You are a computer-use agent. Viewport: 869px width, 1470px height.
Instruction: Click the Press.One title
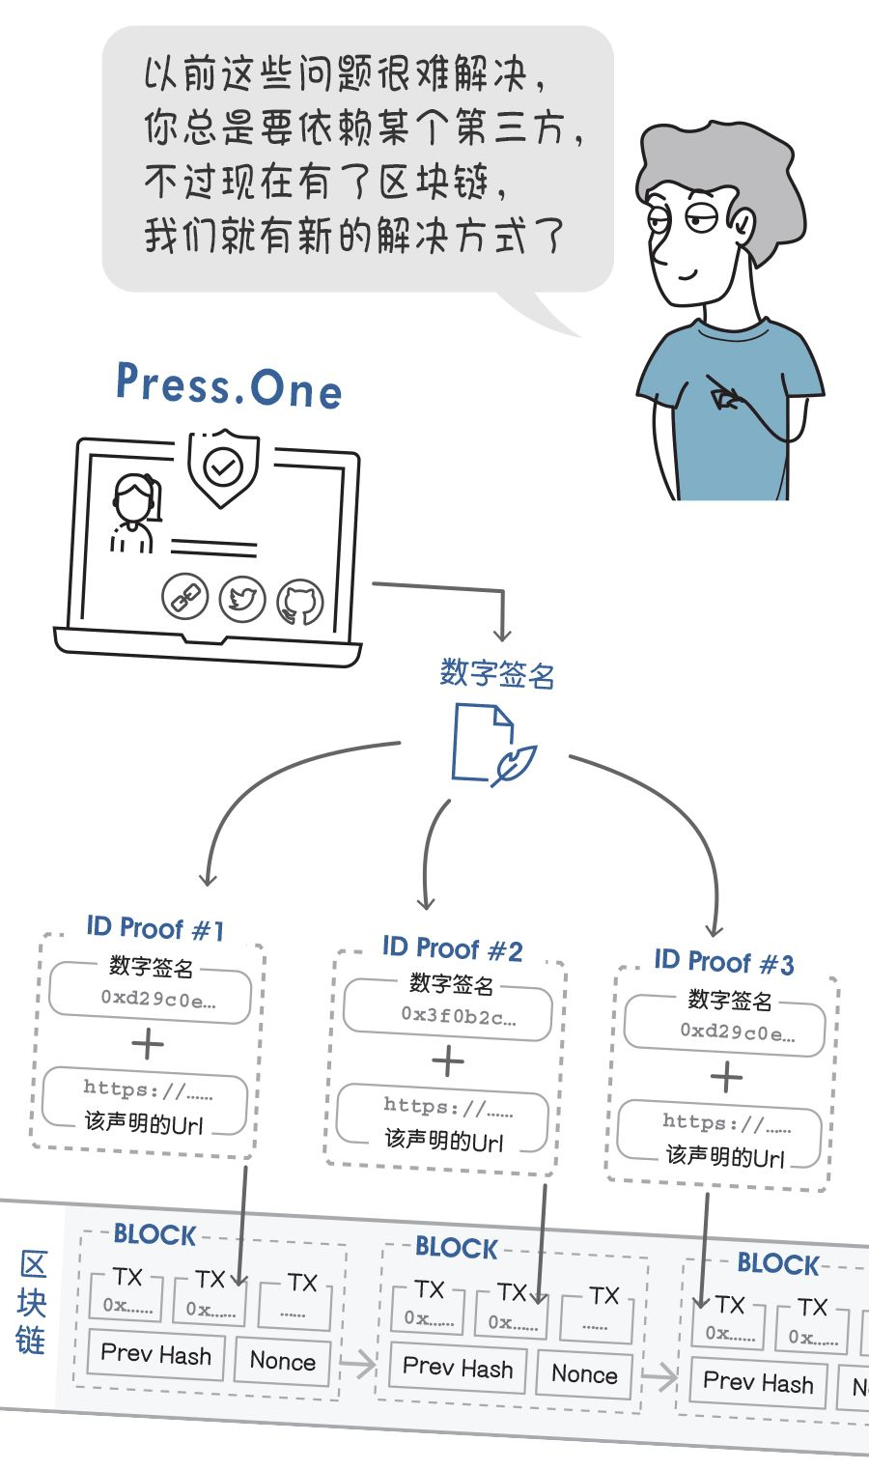point(229,385)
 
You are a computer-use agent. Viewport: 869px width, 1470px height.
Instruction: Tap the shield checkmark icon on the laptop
point(223,468)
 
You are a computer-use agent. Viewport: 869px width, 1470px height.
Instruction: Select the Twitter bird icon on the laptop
point(241,599)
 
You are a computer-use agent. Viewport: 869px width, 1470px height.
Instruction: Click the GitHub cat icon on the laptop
point(300,603)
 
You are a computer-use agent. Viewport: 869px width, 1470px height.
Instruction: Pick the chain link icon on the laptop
point(184,596)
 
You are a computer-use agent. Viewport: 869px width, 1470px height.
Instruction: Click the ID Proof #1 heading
point(154,929)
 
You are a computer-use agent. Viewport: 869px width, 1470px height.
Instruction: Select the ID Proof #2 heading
point(452,948)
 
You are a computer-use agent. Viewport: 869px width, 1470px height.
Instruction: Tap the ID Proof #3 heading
point(723,962)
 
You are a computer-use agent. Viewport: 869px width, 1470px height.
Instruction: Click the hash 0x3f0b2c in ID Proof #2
point(458,1015)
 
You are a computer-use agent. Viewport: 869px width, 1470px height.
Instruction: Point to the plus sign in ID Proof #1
point(148,1044)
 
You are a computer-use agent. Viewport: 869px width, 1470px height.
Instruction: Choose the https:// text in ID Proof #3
point(726,1122)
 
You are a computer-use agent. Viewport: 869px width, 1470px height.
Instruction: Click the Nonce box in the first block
point(282,1361)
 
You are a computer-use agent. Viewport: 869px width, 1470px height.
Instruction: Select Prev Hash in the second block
point(458,1368)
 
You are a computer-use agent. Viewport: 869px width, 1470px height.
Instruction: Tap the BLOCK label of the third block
point(777,1263)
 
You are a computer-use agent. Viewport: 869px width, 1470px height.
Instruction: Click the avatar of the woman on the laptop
point(134,512)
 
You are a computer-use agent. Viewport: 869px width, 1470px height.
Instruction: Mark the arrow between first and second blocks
point(358,1365)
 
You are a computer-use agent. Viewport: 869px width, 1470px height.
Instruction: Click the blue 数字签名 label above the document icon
point(497,673)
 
